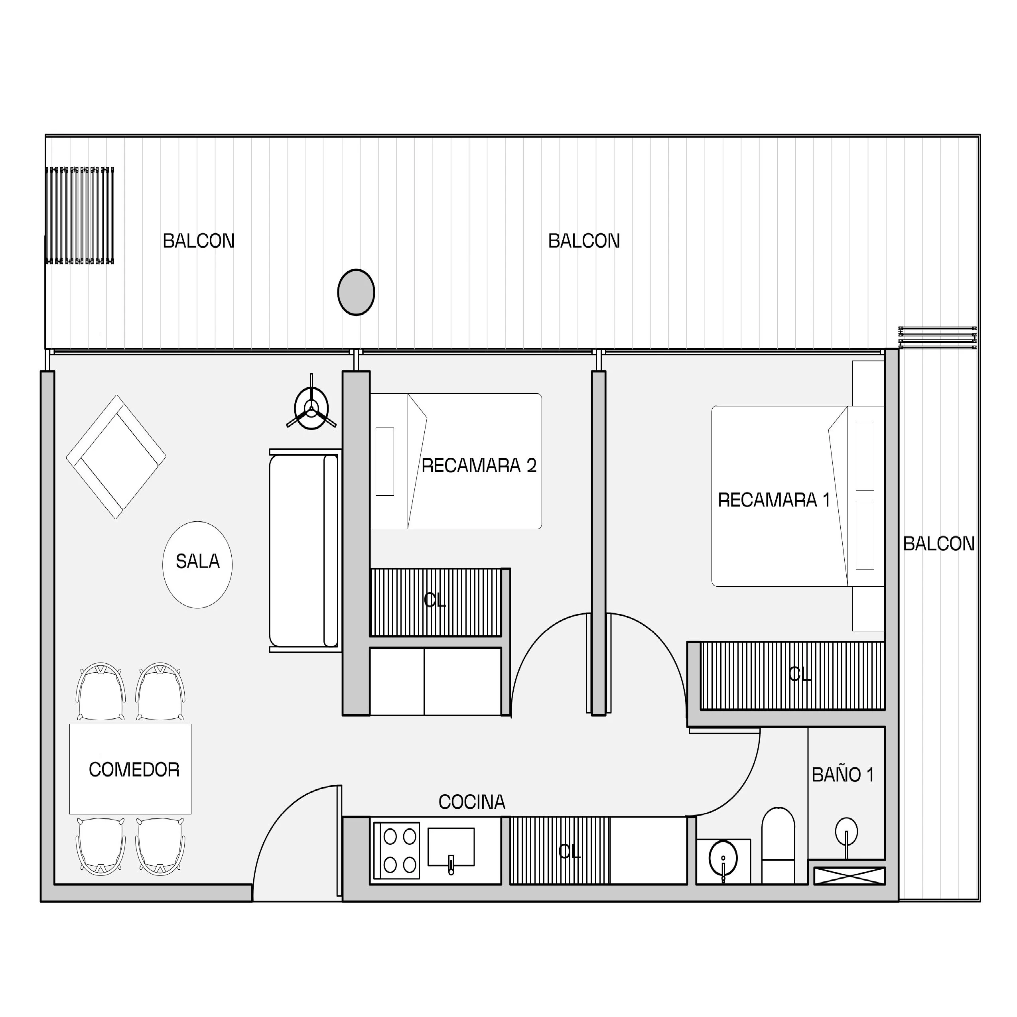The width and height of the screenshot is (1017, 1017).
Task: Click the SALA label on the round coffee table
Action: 197,562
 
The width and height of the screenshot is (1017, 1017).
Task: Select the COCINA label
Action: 472,802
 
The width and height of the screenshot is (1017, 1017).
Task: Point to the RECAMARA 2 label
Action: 479,465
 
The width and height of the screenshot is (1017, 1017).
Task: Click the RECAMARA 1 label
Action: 774,500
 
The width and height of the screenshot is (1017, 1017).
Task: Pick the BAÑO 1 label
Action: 843,775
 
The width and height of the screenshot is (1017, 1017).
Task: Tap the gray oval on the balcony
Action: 356,292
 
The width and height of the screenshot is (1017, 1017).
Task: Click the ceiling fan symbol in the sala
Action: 311,408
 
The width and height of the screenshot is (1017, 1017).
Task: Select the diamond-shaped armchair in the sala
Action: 116,457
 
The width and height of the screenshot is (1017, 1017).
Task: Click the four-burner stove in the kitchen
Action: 396,851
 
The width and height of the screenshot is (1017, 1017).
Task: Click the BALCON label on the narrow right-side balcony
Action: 939,543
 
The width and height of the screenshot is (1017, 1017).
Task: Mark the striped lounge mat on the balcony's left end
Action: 79,215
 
